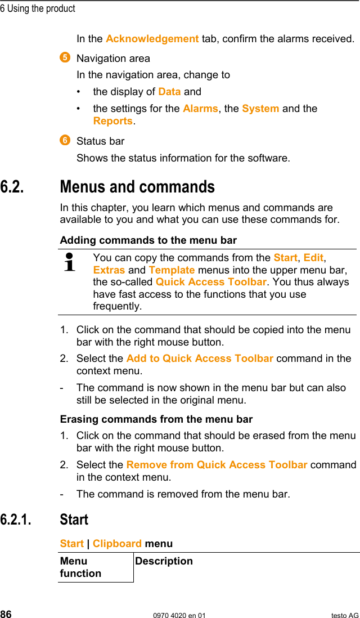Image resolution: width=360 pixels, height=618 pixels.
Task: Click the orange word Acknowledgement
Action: pyautogui.click(x=152, y=39)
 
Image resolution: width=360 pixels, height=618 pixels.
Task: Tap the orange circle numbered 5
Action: pyautogui.click(x=65, y=57)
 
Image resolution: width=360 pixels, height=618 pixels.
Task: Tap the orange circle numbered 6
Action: pyautogui.click(x=65, y=140)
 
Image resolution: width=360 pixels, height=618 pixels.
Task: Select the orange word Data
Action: pyautogui.click(x=169, y=92)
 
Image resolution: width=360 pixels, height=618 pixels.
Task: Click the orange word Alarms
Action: pyautogui.click(x=200, y=109)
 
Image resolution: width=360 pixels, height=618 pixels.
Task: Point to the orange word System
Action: pyautogui.click(x=260, y=109)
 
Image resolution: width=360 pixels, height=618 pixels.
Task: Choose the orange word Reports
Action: pyautogui.click(x=113, y=121)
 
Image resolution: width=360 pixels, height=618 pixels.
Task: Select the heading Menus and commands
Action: pyautogui.click(x=137, y=187)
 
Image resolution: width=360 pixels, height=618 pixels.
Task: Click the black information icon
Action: pyautogui.click(x=70, y=262)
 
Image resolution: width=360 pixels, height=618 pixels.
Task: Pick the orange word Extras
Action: pyautogui.click(x=109, y=270)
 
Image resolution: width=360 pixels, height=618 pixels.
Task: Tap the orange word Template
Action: pyautogui.click(x=172, y=270)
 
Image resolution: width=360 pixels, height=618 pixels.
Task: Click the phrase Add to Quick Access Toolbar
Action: pyautogui.click(x=200, y=359)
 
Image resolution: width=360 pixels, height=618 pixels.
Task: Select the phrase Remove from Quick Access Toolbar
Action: pyautogui.click(x=217, y=465)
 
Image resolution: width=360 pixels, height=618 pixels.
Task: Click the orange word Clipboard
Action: pyautogui.click(x=117, y=544)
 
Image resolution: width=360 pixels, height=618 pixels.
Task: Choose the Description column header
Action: pyautogui.click(x=164, y=561)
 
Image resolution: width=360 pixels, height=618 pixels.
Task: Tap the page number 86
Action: pyautogui.click(x=6, y=615)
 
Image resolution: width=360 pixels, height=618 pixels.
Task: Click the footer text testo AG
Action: pyautogui.click(x=344, y=615)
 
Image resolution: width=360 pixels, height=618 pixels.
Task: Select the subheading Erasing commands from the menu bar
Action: pyautogui.click(x=156, y=419)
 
